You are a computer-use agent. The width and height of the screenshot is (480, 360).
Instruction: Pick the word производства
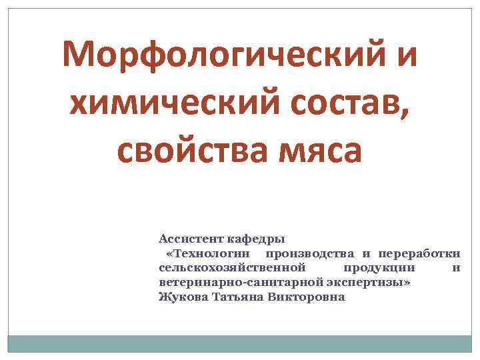click(x=310, y=253)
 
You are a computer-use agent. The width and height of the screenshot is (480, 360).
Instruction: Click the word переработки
click(x=419, y=253)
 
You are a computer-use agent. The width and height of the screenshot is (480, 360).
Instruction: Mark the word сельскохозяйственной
click(x=233, y=268)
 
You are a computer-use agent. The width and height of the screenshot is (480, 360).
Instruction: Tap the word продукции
click(x=379, y=268)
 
